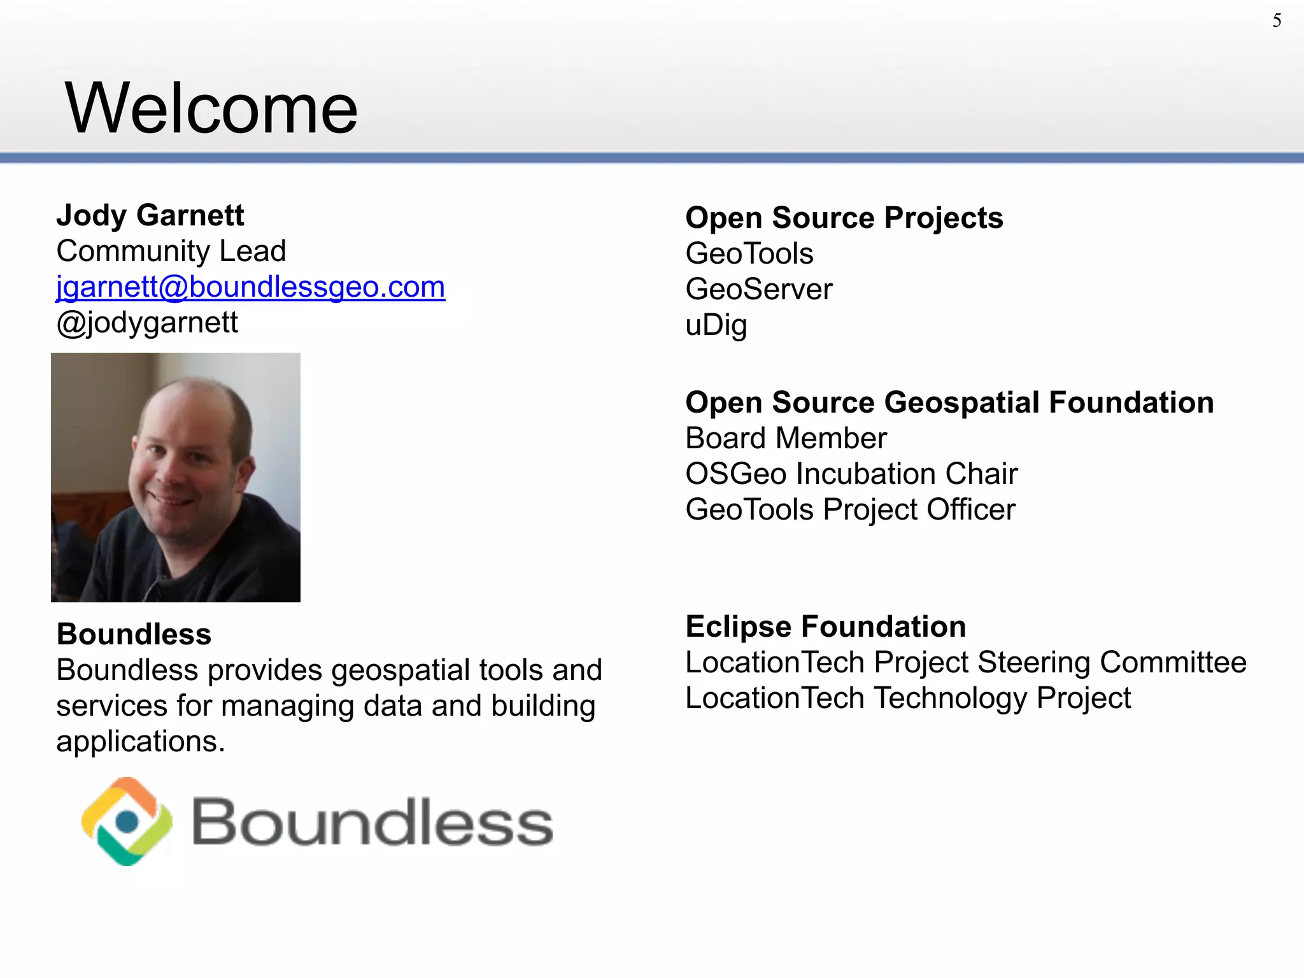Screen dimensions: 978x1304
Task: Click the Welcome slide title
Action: tap(211, 109)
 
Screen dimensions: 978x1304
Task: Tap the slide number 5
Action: tap(1277, 21)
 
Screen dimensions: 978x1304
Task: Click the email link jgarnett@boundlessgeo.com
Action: tap(250, 287)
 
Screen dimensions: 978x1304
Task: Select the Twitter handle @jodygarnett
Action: tap(147, 323)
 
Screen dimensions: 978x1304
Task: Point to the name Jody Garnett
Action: tap(150, 215)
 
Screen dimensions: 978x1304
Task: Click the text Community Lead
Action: tap(171, 251)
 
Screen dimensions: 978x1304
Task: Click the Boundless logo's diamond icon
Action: tap(127, 821)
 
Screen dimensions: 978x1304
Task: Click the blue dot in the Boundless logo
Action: tap(127, 822)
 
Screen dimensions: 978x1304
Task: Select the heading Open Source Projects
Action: tap(844, 218)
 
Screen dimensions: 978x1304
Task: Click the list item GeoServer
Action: tap(759, 290)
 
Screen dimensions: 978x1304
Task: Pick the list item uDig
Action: tap(716, 325)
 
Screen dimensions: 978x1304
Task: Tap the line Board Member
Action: tap(786, 439)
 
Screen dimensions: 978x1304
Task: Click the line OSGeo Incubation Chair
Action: tap(851, 474)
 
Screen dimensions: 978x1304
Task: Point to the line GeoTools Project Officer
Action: tap(850, 510)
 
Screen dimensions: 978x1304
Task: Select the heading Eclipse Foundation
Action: tap(826, 627)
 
